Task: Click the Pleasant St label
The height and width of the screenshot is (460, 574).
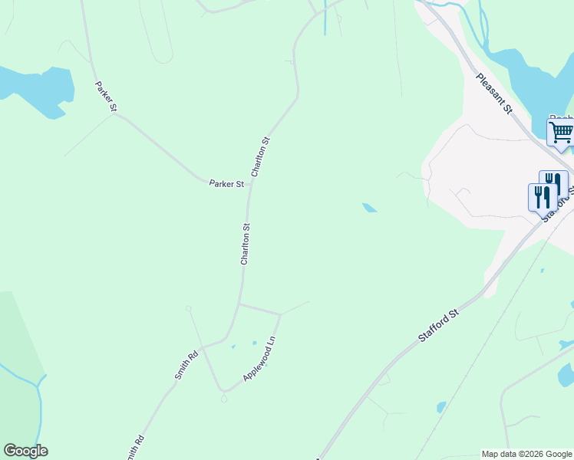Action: (493, 94)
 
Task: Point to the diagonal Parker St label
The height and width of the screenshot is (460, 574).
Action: (105, 97)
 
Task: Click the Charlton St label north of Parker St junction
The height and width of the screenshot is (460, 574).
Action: (261, 157)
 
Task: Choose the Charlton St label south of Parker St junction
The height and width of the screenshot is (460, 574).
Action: (246, 244)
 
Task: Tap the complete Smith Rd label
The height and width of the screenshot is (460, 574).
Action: (186, 366)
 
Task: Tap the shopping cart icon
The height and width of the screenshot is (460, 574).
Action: (561, 132)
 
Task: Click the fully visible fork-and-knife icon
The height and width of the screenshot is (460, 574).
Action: (542, 196)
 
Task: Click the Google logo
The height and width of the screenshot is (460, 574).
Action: (25, 451)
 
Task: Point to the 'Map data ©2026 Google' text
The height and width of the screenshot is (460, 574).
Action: (526, 454)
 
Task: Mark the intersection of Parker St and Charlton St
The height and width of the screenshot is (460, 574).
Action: (250, 183)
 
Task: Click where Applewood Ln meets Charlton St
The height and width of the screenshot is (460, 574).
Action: (239, 304)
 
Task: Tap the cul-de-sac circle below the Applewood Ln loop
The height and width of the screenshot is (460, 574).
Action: (224, 398)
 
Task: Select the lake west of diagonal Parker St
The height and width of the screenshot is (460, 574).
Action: (35, 88)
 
